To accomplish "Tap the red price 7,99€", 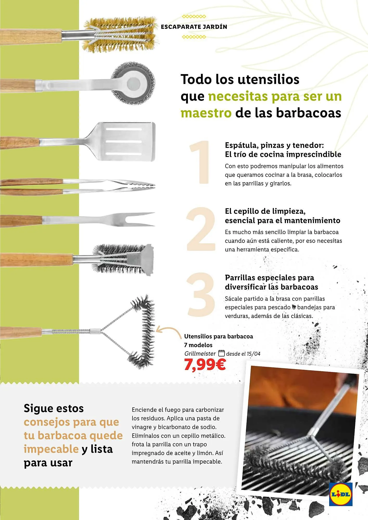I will (x=205, y=365).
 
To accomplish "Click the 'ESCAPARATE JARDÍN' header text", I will (x=194, y=27).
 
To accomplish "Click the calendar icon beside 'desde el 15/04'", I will (x=221, y=353).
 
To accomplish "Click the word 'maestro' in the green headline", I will (x=206, y=113).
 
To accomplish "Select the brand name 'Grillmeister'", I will (x=200, y=354).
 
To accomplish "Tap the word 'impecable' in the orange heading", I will (x=51, y=449).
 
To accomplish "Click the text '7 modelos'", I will (x=198, y=345).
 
